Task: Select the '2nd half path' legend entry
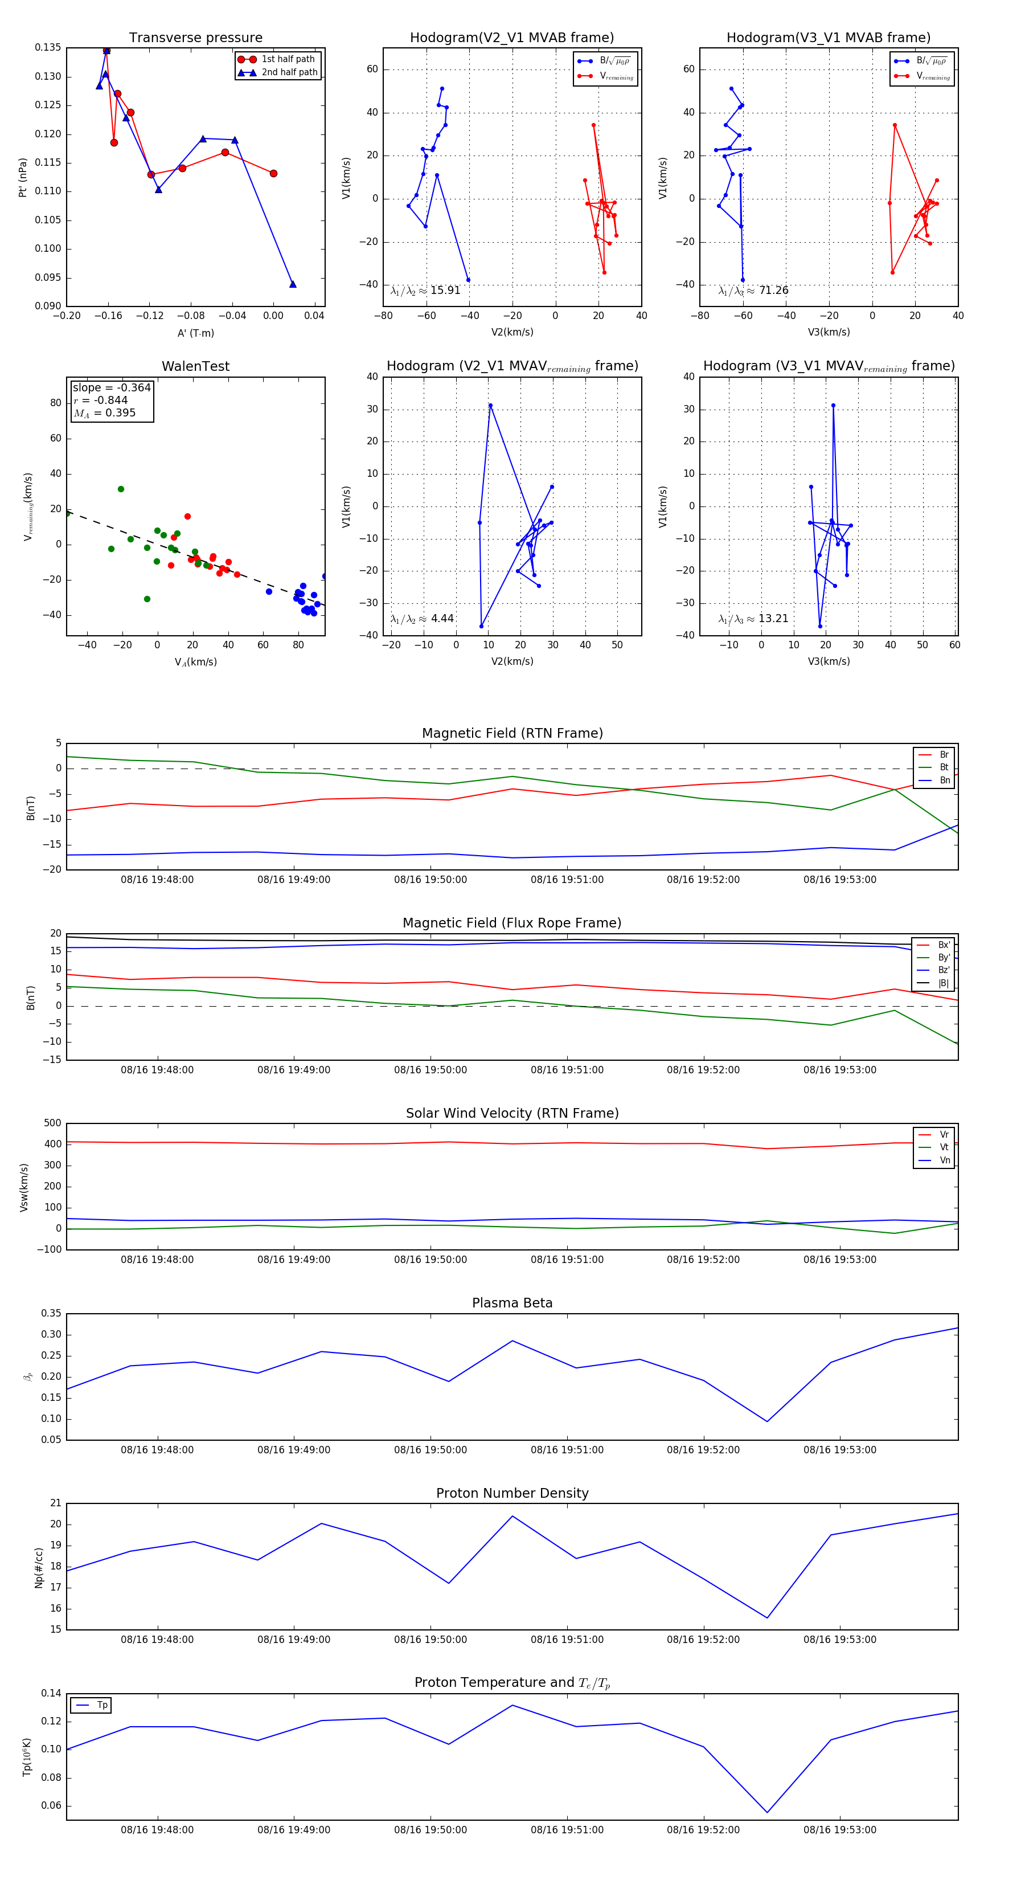(289, 72)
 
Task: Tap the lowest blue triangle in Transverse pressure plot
(293, 284)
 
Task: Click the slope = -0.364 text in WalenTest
(112, 387)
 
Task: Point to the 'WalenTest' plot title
(195, 366)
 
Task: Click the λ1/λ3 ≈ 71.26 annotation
(753, 291)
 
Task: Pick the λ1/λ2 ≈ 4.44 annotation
(421, 619)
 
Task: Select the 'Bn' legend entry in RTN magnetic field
(944, 780)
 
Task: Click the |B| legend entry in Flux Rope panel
(944, 983)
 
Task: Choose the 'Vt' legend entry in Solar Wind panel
(944, 1147)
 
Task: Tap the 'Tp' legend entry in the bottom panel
(102, 1706)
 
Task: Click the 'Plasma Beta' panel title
(512, 1303)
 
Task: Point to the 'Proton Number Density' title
(512, 1493)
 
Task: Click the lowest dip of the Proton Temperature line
(766, 1812)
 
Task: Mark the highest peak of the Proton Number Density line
(512, 1516)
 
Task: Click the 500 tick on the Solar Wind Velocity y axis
(52, 1123)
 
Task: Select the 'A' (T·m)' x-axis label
(195, 333)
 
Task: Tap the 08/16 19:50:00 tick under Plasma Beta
(430, 1449)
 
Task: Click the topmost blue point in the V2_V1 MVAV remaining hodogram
(490, 406)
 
